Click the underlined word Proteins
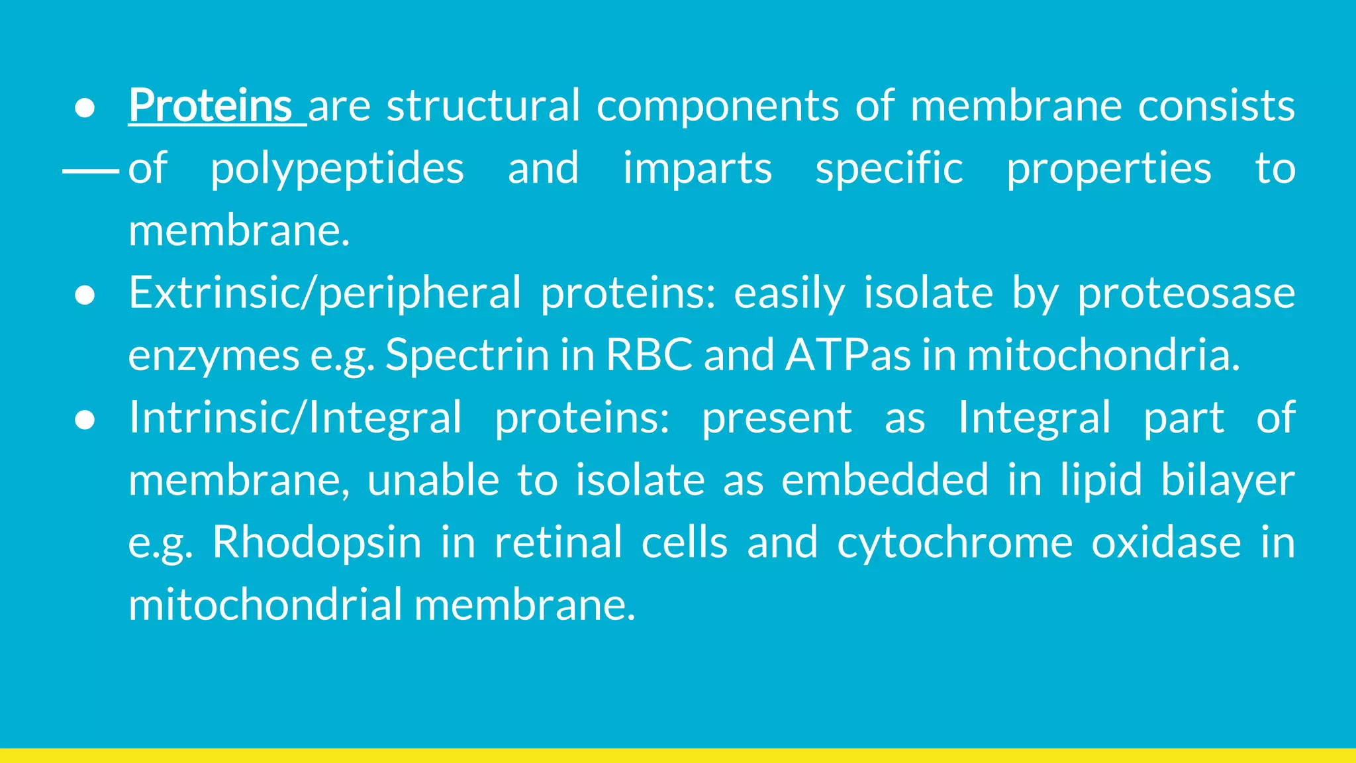[x=211, y=105]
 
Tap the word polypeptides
[x=337, y=169]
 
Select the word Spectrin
[x=467, y=356]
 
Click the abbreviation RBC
[x=649, y=354]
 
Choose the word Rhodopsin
[x=316, y=542]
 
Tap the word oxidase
[x=1166, y=542]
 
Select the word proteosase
[x=1186, y=293]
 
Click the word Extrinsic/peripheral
[x=324, y=293]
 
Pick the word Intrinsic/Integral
[x=295, y=418]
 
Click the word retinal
[x=558, y=542]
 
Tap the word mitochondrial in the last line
[x=265, y=604]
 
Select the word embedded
[x=885, y=480]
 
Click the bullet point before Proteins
[x=85, y=108]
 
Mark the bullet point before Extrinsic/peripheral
[x=85, y=295]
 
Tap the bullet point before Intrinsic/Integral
[x=85, y=420]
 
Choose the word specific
[x=889, y=168]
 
